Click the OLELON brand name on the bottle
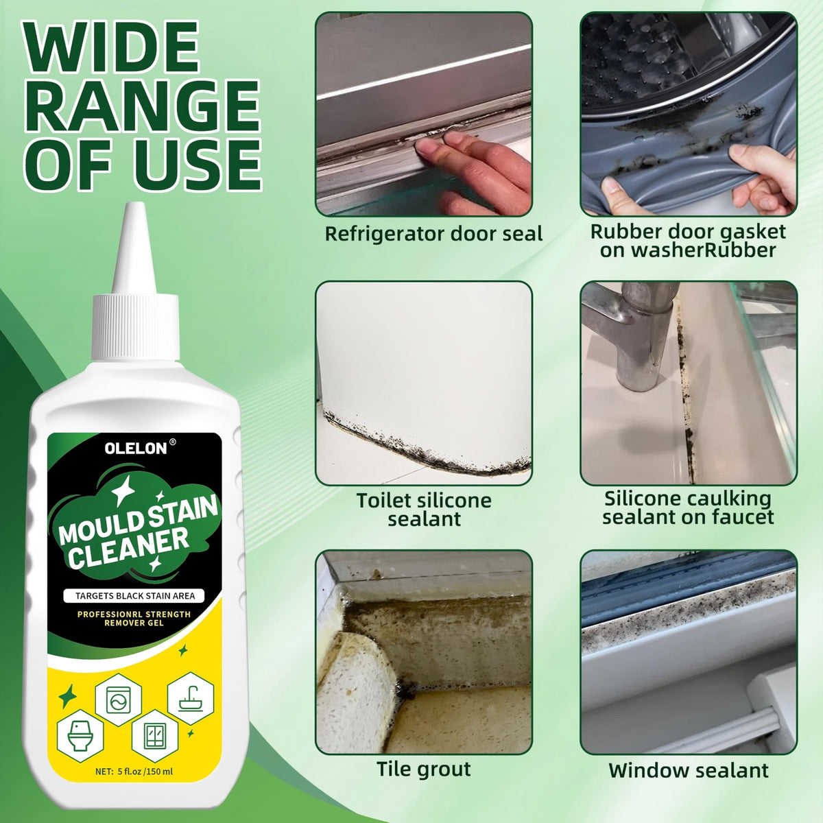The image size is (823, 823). click(x=136, y=448)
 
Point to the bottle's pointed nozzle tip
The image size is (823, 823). click(x=136, y=205)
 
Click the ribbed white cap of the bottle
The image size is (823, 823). click(x=136, y=326)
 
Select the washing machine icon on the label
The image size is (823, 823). click(x=118, y=700)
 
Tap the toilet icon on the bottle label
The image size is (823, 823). click(x=80, y=736)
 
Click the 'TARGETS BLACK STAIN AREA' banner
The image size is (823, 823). click(x=134, y=596)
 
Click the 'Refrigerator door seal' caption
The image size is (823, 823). click(x=433, y=234)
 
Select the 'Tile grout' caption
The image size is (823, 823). click(x=424, y=770)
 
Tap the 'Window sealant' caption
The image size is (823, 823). click(x=689, y=770)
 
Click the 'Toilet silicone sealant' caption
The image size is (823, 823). click(x=424, y=510)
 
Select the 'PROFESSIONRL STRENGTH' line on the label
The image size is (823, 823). click(x=134, y=614)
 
